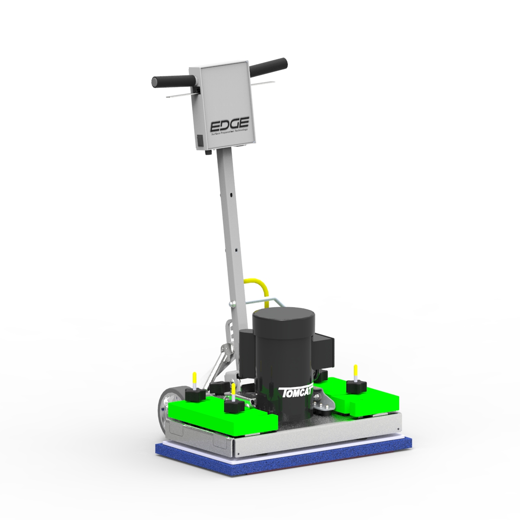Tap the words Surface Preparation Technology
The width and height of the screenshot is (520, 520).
click(230, 132)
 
